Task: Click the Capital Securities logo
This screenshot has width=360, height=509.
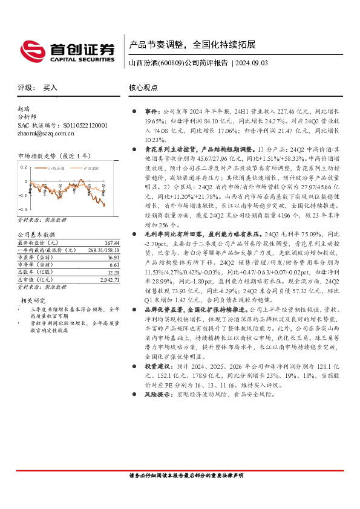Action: tap(67, 50)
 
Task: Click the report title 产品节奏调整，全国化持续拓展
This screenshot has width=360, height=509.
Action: tap(192, 45)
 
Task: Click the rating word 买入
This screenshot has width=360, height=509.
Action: tap(50, 88)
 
